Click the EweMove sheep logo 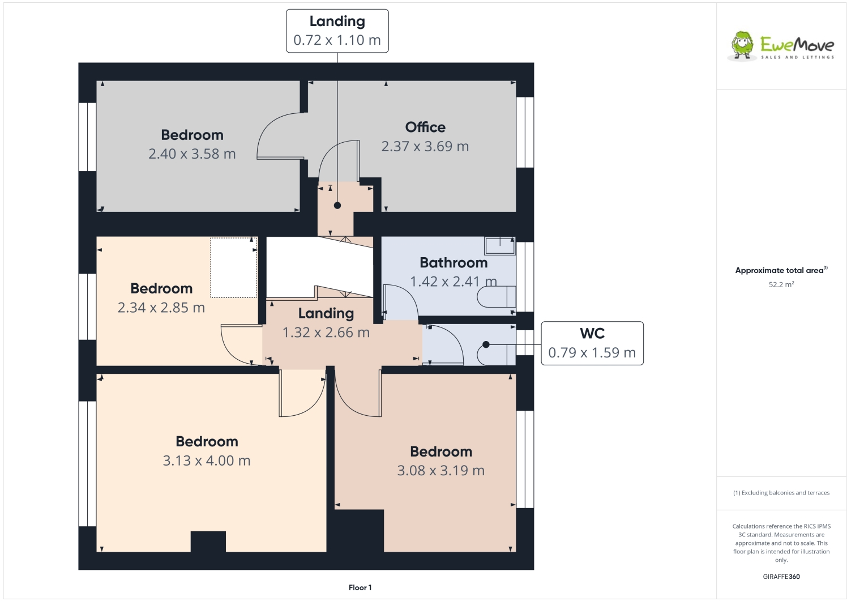pos(742,45)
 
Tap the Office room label pos(425,127)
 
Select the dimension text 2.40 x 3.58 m pos(192,154)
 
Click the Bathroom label pos(453,263)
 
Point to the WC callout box pos(592,343)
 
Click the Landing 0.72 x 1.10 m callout pos(337,31)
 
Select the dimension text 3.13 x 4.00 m pos(207,461)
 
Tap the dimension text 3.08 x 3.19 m pos(440,471)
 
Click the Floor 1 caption pos(360,588)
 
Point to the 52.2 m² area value pos(781,284)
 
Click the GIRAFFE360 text pos(781,577)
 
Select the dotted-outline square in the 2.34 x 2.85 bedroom pos(234,267)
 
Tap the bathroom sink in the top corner pos(500,246)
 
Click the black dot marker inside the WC pos(486,344)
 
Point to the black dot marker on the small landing pos(337,205)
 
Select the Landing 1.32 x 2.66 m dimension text pos(326,333)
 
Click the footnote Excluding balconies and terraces pos(781,493)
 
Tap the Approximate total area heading pos(780,270)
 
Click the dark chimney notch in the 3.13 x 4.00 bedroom pos(208,542)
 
